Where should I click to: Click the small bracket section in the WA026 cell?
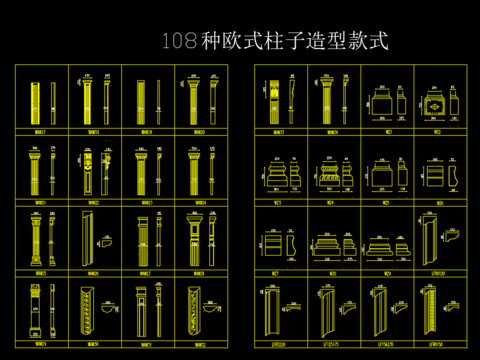106,240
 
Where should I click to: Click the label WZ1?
385,130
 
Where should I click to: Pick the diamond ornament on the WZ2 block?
436,103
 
